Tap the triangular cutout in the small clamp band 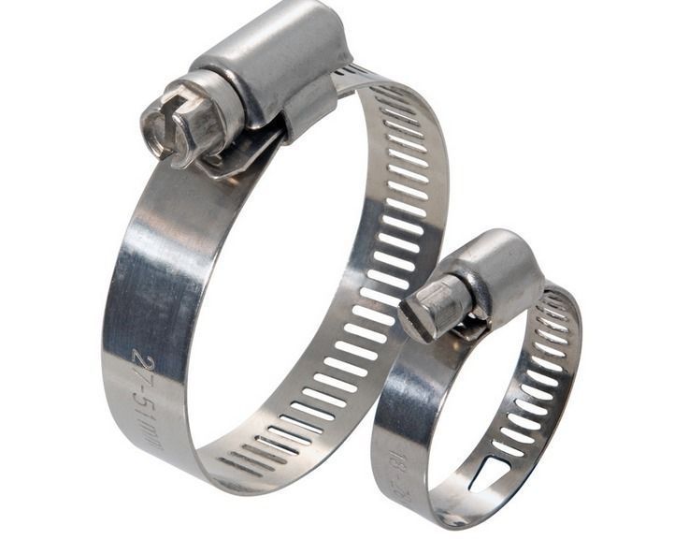tap(488, 474)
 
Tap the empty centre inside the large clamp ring tap(280, 281)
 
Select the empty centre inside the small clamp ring tap(467, 402)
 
